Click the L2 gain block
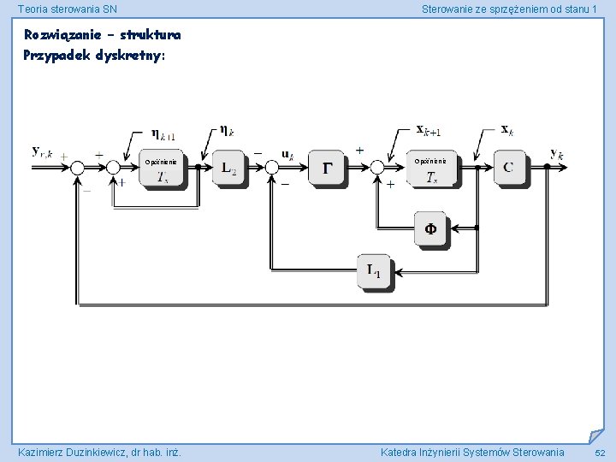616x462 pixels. pos(228,169)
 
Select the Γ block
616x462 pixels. pos(328,169)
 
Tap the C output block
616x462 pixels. pos(508,168)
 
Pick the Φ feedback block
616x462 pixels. pos(430,228)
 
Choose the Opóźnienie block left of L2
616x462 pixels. pos(161,169)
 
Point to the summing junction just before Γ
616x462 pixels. pos(273,168)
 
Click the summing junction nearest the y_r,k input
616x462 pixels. pos(77,168)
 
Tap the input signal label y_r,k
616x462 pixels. pos(42,151)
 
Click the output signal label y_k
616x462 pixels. pos(557,154)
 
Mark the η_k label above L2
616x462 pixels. pos(228,130)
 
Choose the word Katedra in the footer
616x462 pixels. pos(401,452)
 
